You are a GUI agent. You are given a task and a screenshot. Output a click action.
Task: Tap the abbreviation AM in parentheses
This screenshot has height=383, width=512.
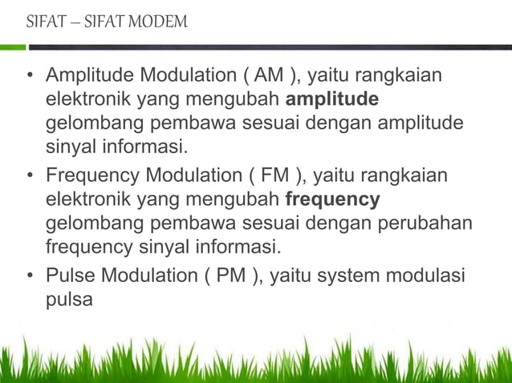pyautogui.click(x=264, y=78)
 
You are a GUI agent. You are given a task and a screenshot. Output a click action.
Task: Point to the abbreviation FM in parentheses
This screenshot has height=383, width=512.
pyautogui.click(x=259, y=175)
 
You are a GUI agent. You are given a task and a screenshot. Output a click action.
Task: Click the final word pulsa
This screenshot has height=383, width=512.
pyautogui.click(x=69, y=300)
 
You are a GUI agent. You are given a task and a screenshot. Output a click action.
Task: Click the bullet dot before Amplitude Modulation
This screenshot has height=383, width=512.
pyautogui.click(x=30, y=79)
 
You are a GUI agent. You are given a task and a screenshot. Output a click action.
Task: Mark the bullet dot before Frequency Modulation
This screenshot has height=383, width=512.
pyautogui.click(x=30, y=176)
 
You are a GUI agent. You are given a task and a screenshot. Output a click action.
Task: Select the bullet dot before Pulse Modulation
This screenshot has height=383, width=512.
pyautogui.click(x=30, y=277)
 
